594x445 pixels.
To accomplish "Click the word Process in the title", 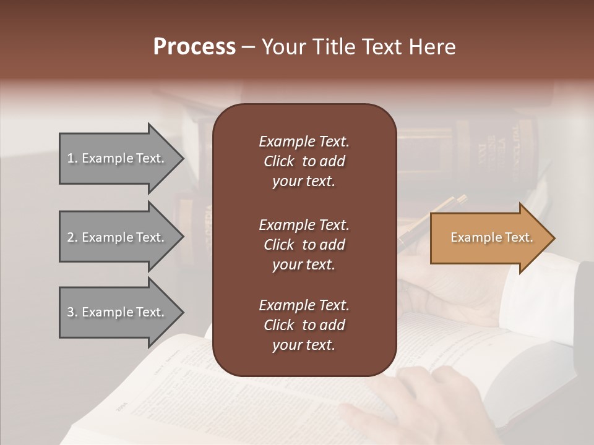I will click(194, 47).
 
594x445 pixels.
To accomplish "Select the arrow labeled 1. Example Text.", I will click(118, 158).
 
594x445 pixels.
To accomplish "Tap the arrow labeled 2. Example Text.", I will click(118, 237).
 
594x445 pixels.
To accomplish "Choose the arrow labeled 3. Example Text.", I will click(118, 312).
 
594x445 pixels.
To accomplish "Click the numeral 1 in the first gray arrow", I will click(71, 158).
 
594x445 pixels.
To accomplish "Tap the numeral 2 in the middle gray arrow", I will click(71, 237).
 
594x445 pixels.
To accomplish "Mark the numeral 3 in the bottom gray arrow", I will click(71, 312).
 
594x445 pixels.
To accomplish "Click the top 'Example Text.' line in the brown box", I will click(304, 142).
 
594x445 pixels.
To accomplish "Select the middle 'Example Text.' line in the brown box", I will click(304, 225).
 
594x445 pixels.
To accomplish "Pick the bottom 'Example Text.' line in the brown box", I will click(304, 305).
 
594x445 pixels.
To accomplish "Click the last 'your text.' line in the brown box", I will click(304, 345).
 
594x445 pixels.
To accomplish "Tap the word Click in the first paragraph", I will click(278, 161).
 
